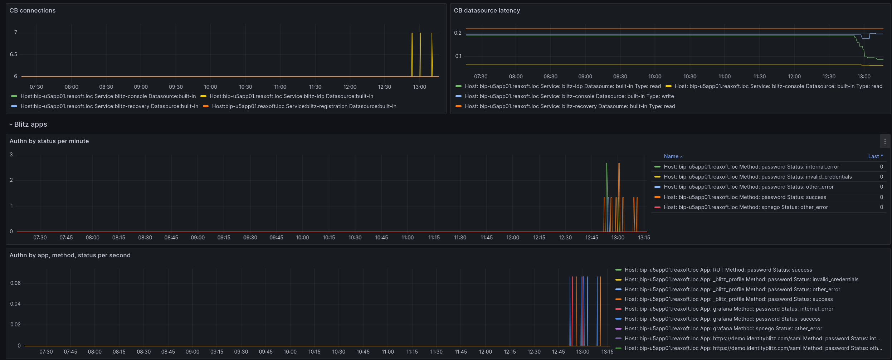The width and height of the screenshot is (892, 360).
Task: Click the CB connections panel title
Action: (x=33, y=11)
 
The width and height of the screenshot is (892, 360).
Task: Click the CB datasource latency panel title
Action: (x=487, y=11)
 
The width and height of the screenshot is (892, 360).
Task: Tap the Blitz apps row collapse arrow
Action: (x=11, y=125)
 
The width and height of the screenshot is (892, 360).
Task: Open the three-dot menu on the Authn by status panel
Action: (x=885, y=141)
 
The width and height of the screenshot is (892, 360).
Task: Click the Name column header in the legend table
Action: (x=671, y=156)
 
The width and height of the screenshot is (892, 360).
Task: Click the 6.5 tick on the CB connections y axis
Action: (x=14, y=54)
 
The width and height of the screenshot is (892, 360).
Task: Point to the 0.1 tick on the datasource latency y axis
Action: (x=458, y=56)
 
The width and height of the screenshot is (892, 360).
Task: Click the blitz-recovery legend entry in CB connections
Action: (x=109, y=106)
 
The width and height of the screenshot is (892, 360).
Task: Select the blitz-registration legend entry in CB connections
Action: (x=304, y=106)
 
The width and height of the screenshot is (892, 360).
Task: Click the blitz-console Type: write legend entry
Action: (x=569, y=96)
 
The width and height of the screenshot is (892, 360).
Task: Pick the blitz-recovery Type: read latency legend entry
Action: (x=570, y=106)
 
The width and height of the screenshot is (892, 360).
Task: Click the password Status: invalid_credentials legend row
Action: (x=757, y=177)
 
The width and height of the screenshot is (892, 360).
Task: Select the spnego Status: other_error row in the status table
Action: (x=746, y=207)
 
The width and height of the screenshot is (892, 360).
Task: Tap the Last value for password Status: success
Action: (x=881, y=197)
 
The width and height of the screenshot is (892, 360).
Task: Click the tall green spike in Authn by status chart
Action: (x=606, y=179)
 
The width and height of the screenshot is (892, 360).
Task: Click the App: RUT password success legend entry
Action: (x=718, y=270)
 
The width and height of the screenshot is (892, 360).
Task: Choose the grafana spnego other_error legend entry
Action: (x=723, y=329)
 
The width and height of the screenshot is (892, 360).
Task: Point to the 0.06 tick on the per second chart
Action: (x=15, y=283)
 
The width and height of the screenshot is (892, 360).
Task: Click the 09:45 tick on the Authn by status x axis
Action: (x=276, y=238)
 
